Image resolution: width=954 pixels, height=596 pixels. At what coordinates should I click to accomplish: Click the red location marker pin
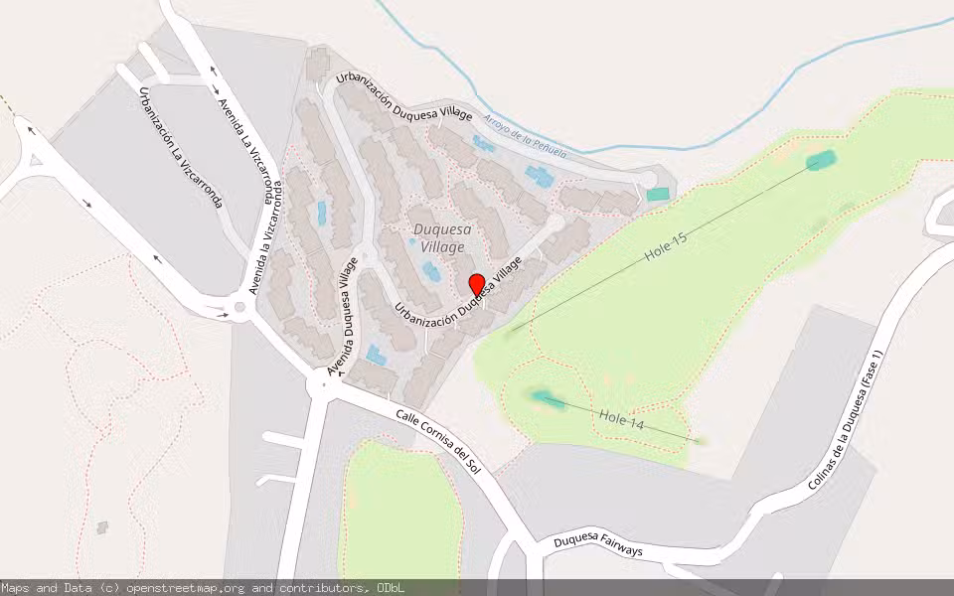click(x=476, y=284)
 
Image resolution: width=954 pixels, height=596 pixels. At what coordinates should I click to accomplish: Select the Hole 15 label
click(x=666, y=247)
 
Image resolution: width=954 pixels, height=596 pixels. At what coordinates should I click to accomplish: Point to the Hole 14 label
click(x=624, y=420)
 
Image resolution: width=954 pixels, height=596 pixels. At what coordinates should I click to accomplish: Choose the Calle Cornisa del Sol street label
click(x=438, y=440)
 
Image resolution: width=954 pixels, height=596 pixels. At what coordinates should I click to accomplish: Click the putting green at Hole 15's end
click(x=821, y=160)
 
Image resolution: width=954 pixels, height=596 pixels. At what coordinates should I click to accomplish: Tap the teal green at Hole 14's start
click(x=544, y=398)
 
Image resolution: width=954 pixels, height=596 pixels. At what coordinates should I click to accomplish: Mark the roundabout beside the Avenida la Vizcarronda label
click(x=238, y=307)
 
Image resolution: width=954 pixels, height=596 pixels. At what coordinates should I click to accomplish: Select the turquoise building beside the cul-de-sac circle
click(x=658, y=195)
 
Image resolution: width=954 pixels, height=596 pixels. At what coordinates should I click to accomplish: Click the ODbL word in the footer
click(x=391, y=588)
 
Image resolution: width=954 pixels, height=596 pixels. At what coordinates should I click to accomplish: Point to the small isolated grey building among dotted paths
click(x=102, y=527)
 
